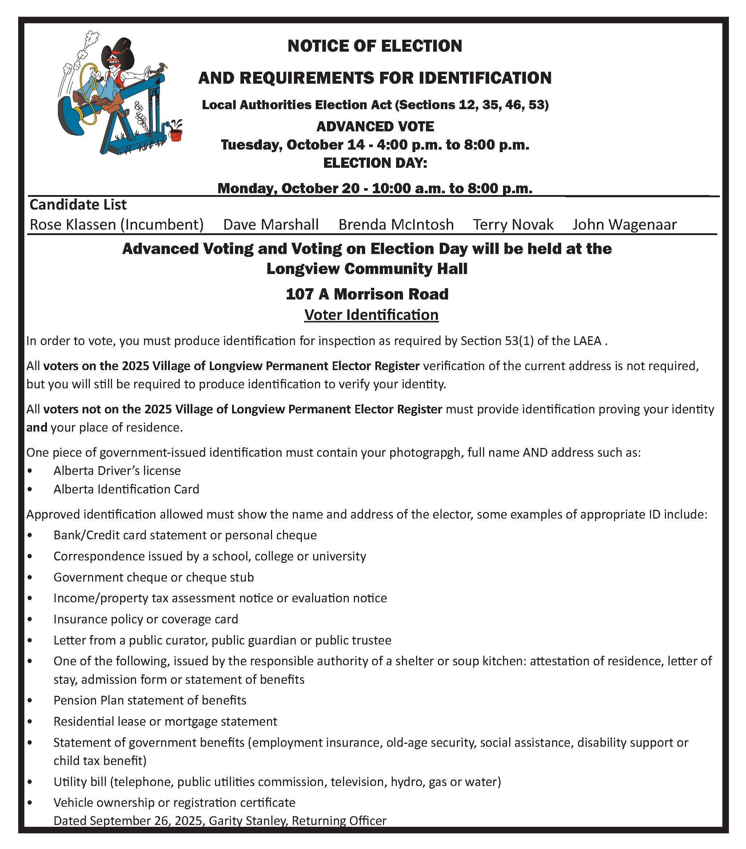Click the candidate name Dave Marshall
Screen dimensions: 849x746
(x=271, y=224)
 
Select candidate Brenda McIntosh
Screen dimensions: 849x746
(x=396, y=224)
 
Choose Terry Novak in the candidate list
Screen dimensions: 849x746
(x=513, y=224)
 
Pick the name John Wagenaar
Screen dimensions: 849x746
(x=625, y=224)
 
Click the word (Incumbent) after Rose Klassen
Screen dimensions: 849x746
(x=162, y=224)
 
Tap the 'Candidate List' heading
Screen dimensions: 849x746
(x=78, y=205)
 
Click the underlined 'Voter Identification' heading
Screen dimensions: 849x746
(x=371, y=315)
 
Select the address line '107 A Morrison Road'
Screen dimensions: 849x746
(x=367, y=294)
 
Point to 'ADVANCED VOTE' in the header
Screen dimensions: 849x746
(x=375, y=126)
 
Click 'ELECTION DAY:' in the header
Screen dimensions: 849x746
(x=375, y=162)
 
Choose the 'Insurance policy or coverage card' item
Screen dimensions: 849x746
(x=146, y=619)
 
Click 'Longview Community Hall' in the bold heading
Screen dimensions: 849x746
(x=367, y=269)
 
